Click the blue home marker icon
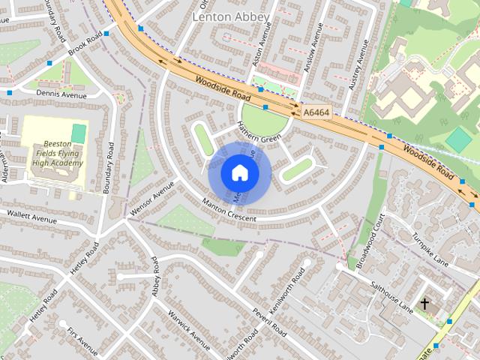coord(239,173)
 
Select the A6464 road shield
coord(317,112)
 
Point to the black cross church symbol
coord(425,304)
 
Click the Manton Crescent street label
coord(229,210)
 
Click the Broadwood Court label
coord(371,240)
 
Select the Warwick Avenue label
coord(188,330)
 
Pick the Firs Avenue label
coord(82,341)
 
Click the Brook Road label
coord(83,49)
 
